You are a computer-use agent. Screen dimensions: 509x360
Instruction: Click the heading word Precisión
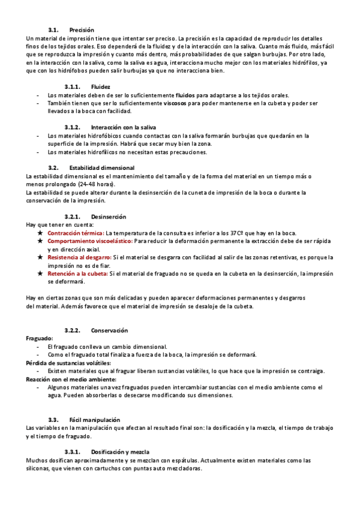[82, 30]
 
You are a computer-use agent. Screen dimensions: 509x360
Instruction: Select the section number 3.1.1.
[72, 87]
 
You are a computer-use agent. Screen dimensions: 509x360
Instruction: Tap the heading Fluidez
[101, 87]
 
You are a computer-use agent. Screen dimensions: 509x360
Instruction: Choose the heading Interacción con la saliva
[124, 127]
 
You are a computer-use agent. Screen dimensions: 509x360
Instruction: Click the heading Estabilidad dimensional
[102, 167]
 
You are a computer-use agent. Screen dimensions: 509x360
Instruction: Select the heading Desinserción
[109, 216]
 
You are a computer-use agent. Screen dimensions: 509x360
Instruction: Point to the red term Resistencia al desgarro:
[79, 257]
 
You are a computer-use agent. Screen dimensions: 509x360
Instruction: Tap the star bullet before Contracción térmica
[40, 233]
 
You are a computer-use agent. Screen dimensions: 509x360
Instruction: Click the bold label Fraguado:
[39, 339]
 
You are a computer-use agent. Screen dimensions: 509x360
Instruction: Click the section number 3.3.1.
[72, 451]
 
